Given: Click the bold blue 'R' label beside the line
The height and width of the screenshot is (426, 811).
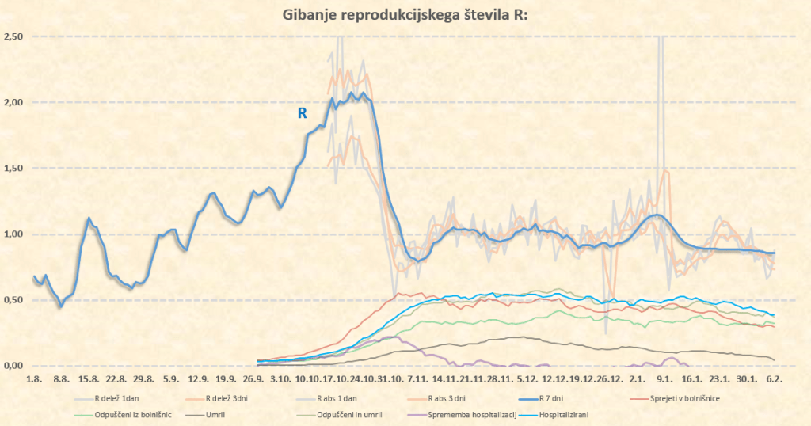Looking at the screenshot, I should click(x=302, y=113).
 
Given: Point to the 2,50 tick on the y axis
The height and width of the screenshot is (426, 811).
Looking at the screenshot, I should click(x=13, y=36).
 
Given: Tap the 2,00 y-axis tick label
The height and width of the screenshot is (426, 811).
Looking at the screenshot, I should click(x=13, y=102).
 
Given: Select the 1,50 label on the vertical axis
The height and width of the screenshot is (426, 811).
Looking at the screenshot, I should click(x=13, y=168).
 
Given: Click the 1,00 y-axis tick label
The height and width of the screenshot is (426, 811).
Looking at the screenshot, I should click(x=13, y=234).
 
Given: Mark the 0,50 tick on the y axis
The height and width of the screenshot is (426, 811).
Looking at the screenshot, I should click(x=13, y=299).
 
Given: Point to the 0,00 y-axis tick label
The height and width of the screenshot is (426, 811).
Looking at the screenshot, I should click(x=13, y=365).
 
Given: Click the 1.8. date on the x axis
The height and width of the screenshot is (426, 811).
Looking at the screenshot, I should click(x=34, y=380).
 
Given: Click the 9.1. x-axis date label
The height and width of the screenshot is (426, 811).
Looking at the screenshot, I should click(x=664, y=380).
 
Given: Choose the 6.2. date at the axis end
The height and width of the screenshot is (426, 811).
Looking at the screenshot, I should click(x=773, y=380).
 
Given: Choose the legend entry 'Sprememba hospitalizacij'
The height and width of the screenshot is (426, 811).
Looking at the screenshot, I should click(x=472, y=414).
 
